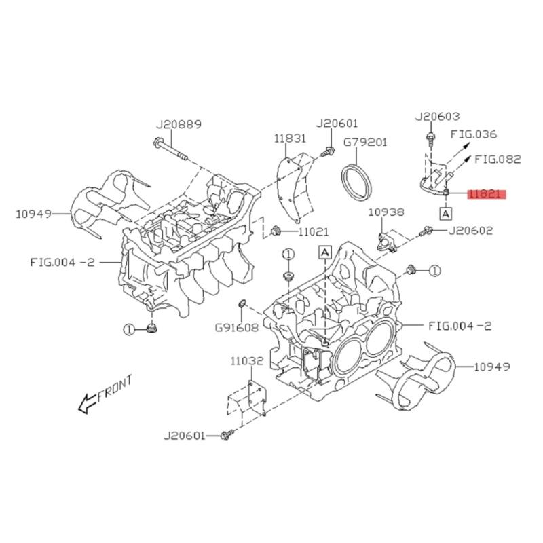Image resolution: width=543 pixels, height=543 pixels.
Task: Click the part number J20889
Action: point(179,124)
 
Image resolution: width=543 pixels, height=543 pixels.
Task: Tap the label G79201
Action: point(364,143)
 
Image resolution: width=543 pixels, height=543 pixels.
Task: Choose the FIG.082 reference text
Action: point(497,160)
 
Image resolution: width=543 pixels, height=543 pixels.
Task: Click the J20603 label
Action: point(437,117)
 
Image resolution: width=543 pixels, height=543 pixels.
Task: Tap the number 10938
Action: point(386,212)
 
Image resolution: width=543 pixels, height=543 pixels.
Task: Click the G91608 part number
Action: point(236,326)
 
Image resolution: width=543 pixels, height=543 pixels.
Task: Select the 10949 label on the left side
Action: point(33,214)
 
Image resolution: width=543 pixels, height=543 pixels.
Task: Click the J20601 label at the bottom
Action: point(184,436)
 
